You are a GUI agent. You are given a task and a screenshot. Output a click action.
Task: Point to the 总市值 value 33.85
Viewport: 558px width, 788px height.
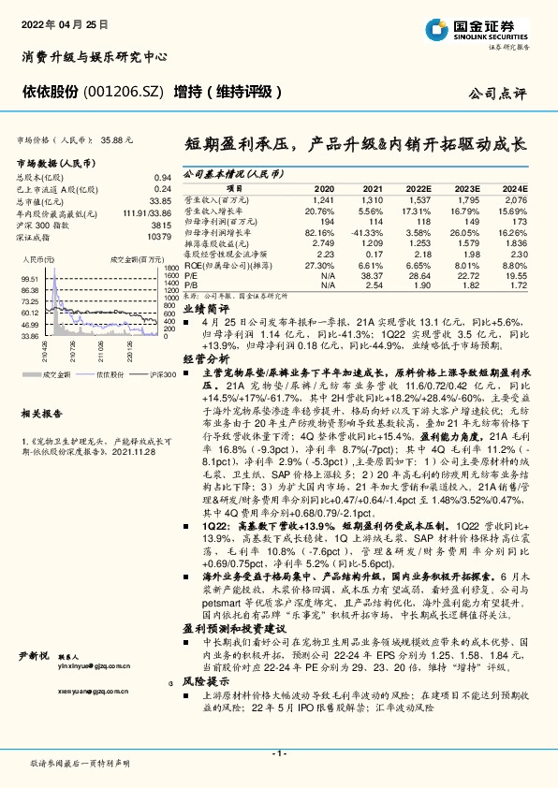click(161, 200)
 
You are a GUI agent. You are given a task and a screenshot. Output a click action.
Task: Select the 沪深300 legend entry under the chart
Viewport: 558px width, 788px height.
click(143, 374)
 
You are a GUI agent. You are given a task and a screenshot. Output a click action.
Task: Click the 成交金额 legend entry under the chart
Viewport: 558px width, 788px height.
click(56, 374)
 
